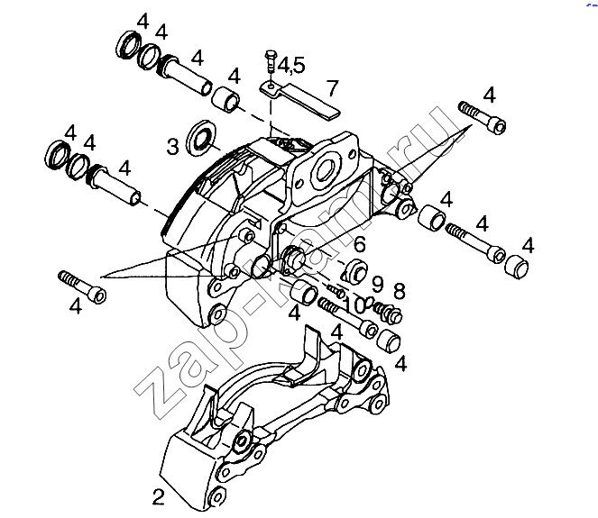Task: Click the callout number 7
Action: click(333, 88)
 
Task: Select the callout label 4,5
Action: click(291, 65)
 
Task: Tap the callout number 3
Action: click(173, 147)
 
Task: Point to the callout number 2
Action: click(158, 497)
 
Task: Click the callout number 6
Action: click(359, 244)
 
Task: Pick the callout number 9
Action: click(377, 284)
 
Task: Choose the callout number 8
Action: click(400, 291)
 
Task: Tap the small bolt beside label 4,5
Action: click(270, 60)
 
